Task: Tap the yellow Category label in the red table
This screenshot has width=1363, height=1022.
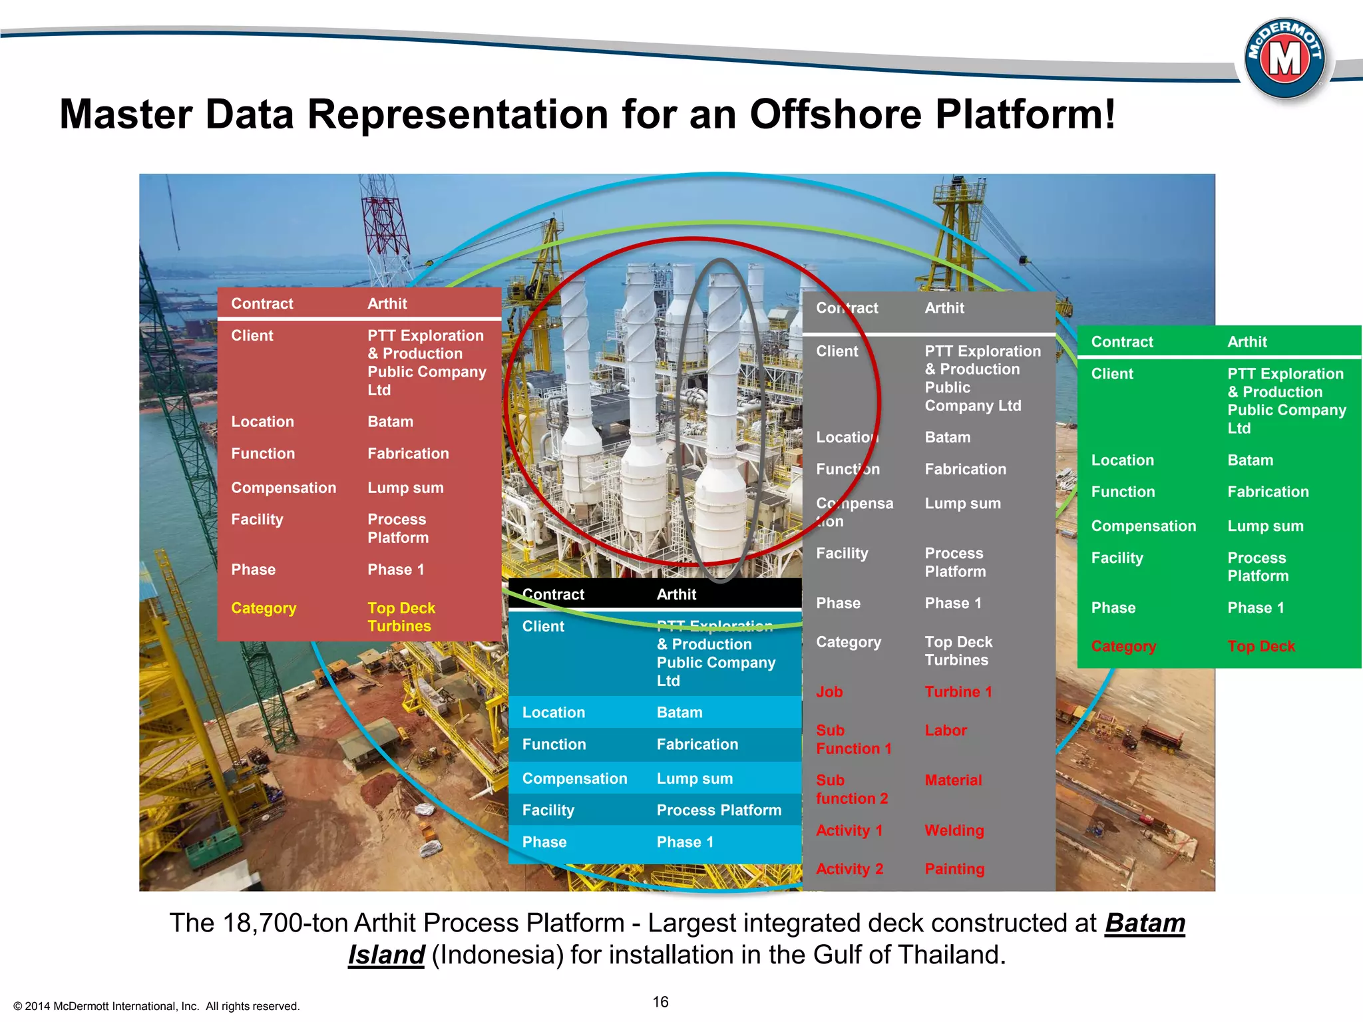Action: pyautogui.click(x=264, y=608)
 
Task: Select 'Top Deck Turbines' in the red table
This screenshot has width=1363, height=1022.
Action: pyautogui.click(x=401, y=617)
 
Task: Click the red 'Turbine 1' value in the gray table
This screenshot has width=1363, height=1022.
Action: pyautogui.click(x=958, y=692)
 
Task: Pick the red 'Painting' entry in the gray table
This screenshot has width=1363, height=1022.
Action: pyautogui.click(x=954, y=869)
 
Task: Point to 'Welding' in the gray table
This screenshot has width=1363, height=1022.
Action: pyautogui.click(x=954, y=830)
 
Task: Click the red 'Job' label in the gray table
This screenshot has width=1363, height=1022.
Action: pyautogui.click(x=829, y=692)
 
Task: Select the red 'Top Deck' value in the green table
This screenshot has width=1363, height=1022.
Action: pyautogui.click(x=1261, y=646)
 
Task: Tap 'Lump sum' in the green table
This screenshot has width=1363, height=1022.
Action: pyautogui.click(x=1265, y=526)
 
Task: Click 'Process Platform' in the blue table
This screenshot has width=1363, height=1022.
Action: pyautogui.click(x=719, y=810)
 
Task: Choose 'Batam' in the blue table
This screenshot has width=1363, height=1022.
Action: pyautogui.click(x=679, y=713)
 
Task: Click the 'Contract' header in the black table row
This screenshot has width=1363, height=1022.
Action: pyautogui.click(x=553, y=594)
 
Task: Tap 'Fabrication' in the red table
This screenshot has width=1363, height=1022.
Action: pyautogui.click(x=408, y=454)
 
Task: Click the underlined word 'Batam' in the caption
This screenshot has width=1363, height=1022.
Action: pyautogui.click(x=1145, y=924)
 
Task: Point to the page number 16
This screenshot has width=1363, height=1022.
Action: pyautogui.click(x=660, y=1002)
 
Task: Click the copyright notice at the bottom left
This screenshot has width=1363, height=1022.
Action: pyautogui.click(x=156, y=1006)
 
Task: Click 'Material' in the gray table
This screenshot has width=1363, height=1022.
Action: pyautogui.click(x=953, y=780)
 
